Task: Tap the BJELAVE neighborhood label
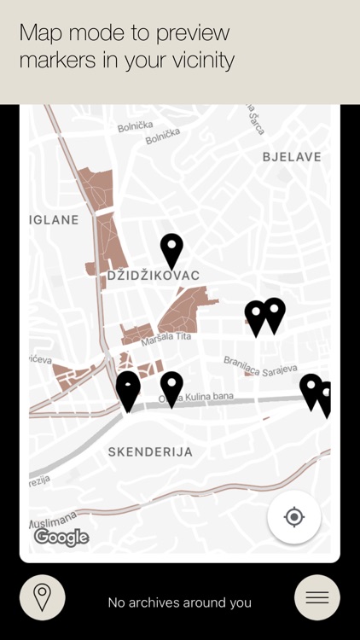[292, 156]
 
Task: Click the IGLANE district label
[54, 219]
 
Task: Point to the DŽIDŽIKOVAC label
[154, 276]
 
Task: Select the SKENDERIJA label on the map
[150, 451]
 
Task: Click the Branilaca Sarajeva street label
[260, 364]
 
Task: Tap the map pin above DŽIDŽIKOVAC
[171, 250]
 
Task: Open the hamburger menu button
[316, 597]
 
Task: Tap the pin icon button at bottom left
[42, 597]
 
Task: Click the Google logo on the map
[61, 537]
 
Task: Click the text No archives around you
[179, 602]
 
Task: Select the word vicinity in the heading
[196, 61]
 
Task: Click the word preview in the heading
[192, 33]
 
